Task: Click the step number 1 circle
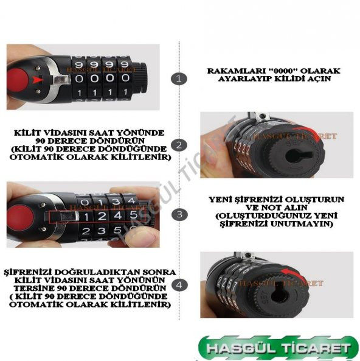pyautogui.click(x=179, y=79)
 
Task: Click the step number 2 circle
pyautogui.click(x=179, y=145)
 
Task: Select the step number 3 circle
pyautogui.click(x=179, y=214)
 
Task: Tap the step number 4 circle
pyautogui.click(x=179, y=285)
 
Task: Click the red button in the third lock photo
pyautogui.click(x=20, y=217)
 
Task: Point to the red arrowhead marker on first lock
pyautogui.click(x=38, y=80)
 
